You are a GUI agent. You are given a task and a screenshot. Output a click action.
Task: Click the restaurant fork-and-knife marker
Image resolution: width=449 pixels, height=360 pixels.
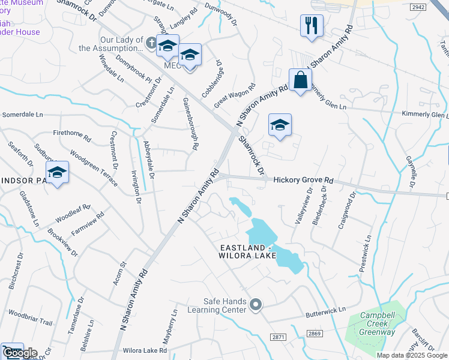point(312,26)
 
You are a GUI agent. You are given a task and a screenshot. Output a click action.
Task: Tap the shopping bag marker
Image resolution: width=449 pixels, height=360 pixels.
point(300,80)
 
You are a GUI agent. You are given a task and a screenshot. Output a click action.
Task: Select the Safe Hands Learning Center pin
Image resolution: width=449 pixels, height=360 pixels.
point(256,305)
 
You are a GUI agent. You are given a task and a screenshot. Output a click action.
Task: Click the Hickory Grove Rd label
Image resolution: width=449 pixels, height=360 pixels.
point(303,180)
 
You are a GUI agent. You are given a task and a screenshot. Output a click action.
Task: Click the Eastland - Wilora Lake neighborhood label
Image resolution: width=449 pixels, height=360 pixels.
point(247,252)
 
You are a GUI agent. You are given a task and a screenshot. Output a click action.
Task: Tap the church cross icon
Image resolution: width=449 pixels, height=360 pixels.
point(151,43)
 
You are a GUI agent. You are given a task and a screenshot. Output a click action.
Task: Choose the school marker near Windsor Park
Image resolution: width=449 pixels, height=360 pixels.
point(58,172)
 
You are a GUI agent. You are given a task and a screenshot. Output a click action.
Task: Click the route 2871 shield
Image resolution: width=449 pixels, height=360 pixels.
point(277,338)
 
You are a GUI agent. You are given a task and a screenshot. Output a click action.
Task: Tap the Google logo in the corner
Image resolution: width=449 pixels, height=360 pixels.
point(20,353)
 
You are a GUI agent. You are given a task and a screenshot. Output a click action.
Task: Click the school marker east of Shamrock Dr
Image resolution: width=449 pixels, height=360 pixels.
point(280,125)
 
